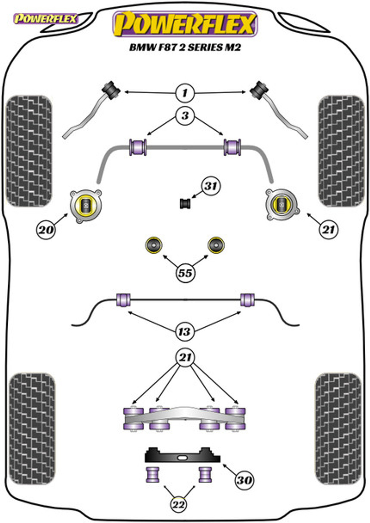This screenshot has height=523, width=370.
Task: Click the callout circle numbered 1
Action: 185,93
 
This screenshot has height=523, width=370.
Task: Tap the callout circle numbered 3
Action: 185,116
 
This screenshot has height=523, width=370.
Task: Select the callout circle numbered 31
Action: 211,186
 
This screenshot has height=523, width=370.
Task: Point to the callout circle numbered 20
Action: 46,230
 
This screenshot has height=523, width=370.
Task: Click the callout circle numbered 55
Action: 185,273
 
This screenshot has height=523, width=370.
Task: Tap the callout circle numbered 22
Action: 179,505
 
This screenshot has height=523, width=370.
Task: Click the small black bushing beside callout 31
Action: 185,204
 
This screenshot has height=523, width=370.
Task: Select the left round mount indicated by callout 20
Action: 86,206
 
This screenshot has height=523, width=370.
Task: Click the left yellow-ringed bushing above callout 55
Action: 154,245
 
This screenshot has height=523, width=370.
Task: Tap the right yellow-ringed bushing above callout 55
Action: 216,245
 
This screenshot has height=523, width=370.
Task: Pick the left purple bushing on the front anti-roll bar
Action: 138,147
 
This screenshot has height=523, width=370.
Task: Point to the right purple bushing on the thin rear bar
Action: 247,300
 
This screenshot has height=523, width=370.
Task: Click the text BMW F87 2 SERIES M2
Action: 185,47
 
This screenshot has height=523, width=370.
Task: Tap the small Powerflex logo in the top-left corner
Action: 46,19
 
